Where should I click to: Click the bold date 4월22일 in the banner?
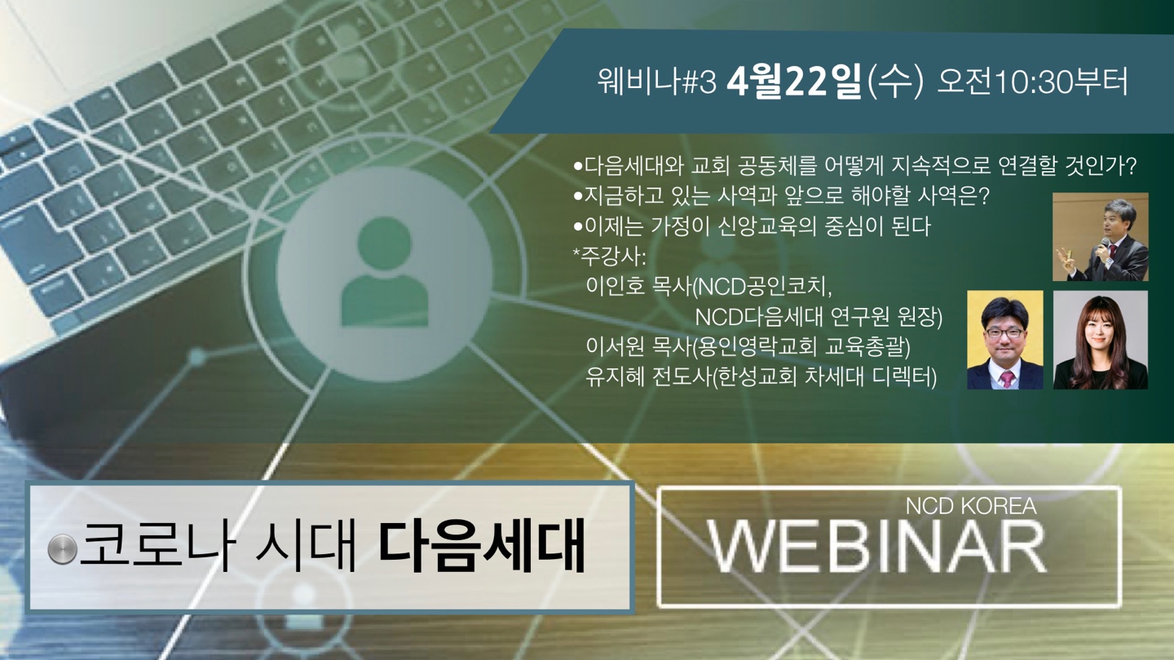(x=794, y=82)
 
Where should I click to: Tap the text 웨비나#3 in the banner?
(x=657, y=82)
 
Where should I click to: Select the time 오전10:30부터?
(x=1032, y=82)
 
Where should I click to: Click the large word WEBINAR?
(x=877, y=548)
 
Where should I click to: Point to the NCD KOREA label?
(x=971, y=506)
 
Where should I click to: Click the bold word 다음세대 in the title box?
(x=482, y=547)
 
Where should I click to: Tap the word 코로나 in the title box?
(x=155, y=547)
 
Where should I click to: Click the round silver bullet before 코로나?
(x=62, y=549)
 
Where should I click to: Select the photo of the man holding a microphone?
(x=1101, y=237)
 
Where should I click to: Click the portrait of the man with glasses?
(x=1005, y=340)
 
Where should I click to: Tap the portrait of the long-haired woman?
(x=1101, y=340)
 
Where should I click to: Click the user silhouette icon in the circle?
(x=385, y=272)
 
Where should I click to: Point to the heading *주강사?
(x=610, y=256)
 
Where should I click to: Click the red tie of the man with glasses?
(x=1007, y=379)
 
